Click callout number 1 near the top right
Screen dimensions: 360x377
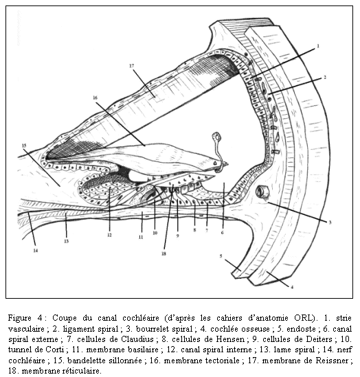point(317,46)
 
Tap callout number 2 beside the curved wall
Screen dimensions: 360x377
point(325,77)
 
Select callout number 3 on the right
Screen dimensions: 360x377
point(330,222)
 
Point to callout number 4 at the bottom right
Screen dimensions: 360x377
point(292,287)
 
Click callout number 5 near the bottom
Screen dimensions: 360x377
point(221,256)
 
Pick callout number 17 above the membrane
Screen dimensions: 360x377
point(131,66)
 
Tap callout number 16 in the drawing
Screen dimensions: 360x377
point(95,98)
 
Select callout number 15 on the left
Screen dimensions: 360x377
point(24,146)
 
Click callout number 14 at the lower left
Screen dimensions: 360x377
point(36,251)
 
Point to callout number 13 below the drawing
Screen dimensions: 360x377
point(67,241)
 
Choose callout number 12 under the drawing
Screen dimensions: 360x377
point(109,235)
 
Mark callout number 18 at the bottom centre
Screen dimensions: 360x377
point(164,253)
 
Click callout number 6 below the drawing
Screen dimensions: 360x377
point(222,233)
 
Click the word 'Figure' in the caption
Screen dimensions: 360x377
point(19,318)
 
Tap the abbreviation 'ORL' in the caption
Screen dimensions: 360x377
point(304,318)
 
